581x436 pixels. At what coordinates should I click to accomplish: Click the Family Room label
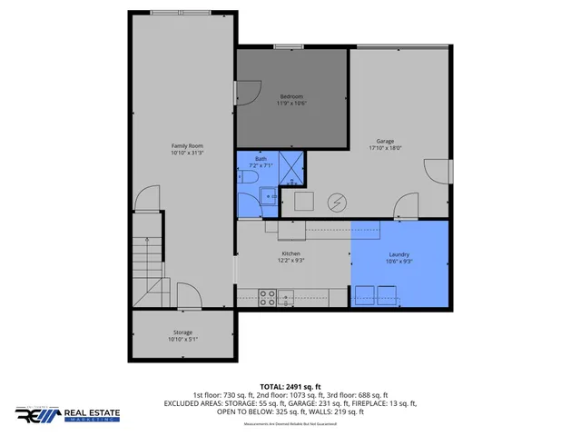coord(187,146)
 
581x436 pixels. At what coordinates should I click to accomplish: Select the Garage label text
coord(386,141)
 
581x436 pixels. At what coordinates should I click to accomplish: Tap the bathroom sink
coord(268,195)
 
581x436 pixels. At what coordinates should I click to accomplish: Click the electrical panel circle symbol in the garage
coord(338,201)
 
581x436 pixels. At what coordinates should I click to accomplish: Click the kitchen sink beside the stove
coord(287,295)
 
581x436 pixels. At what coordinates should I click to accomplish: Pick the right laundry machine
coord(388,293)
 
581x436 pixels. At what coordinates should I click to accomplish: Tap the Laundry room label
coord(399,254)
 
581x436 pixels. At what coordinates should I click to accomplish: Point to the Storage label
coord(182,333)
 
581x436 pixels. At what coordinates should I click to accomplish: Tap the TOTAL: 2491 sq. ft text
coord(290,386)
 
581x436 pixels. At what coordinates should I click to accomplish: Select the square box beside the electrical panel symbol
coord(303,200)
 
